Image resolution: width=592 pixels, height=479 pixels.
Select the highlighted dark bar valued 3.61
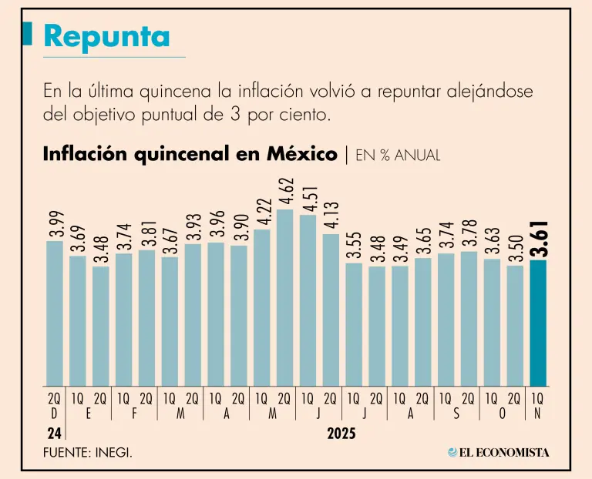coord(538,323)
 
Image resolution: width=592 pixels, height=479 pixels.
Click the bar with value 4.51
coord(308,300)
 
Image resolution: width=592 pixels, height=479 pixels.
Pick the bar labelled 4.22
coord(261,308)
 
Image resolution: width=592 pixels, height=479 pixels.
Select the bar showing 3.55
coord(354,324)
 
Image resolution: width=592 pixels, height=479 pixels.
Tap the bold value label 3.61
coord(540,238)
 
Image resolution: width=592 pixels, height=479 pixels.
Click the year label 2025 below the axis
coord(341,434)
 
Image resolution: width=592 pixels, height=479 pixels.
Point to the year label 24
coord(52,434)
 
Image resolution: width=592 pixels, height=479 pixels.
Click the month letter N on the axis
coord(537,414)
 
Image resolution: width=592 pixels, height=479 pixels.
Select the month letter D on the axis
coord(54,414)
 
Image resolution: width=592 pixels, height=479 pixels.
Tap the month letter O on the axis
coord(502,414)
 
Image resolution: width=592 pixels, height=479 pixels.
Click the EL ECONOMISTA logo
coord(499,453)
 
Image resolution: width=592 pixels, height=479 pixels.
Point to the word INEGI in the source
coord(114,453)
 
